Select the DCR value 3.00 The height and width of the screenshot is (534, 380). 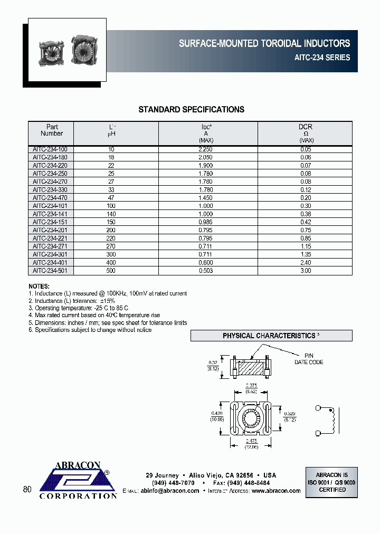306,271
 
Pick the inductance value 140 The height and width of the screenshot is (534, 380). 111,214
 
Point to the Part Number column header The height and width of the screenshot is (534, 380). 52,130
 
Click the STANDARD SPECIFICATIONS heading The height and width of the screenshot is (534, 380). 191,110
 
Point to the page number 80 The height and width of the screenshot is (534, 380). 27,490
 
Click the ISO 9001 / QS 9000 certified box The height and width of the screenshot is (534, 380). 332,482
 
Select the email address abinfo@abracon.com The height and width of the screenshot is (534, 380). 170,491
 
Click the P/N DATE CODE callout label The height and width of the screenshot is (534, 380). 308,359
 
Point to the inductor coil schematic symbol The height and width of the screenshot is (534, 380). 331,420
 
